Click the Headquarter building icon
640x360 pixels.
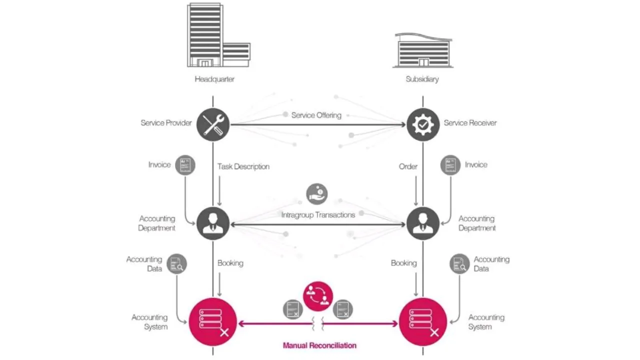[x=218, y=35]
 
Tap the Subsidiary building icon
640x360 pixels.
[x=423, y=50]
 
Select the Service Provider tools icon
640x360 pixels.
[x=213, y=124]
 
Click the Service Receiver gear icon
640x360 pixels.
[x=423, y=124]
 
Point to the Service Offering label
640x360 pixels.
[x=316, y=115]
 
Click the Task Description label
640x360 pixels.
[x=243, y=166]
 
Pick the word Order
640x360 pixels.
[x=408, y=166]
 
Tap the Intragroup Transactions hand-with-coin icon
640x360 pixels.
[x=317, y=194]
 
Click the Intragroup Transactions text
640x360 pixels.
[x=318, y=215]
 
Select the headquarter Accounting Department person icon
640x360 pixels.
[x=213, y=223]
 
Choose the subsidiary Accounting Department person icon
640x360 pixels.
[x=423, y=223]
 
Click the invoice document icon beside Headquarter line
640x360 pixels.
[x=185, y=165]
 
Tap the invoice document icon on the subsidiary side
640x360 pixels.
[x=450, y=165]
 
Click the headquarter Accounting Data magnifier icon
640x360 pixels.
[x=177, y=264]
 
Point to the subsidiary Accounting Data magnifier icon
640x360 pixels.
[x=459, y=264]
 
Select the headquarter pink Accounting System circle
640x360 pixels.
[x=213, y=322]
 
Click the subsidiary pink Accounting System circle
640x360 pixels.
[x=423, y=322]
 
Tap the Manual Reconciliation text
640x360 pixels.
[x=319, y=345]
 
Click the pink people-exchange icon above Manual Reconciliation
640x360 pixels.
[x=318, y=296]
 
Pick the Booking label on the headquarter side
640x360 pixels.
[x=230, y=263]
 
